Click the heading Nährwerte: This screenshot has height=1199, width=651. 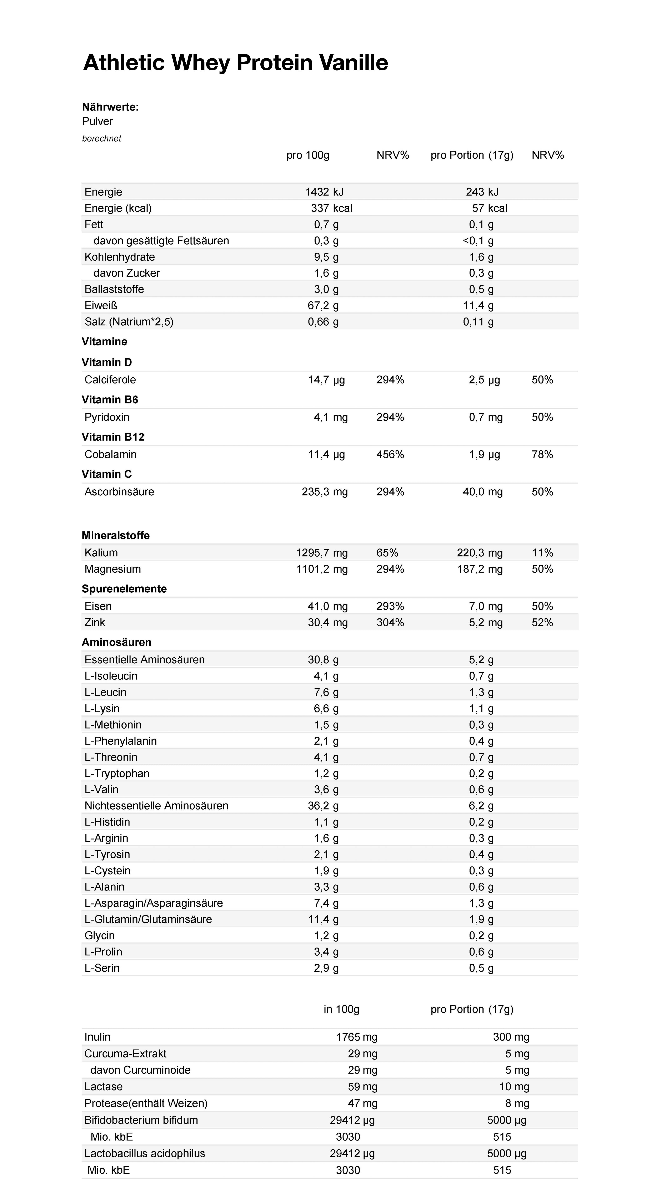coord(110,107)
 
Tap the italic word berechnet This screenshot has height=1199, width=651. coord(101,138)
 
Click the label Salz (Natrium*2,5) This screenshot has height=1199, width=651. coord(129,322)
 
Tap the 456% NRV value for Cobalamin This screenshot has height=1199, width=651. coord(390,454)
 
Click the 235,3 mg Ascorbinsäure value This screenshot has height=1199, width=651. coord(325,491)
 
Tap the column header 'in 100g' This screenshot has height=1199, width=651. coord(341,1009)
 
